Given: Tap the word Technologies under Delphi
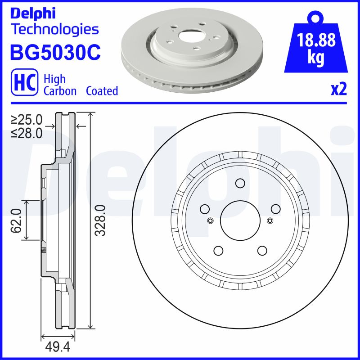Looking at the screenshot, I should coord(54,30).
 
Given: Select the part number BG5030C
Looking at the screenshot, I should coord(55,52).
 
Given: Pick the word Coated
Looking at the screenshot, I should coord(102,91).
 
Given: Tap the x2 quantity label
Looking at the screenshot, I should coord(339,90).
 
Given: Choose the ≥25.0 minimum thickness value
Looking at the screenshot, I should coord(27,120).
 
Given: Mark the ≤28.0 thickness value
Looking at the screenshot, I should coord(27,133).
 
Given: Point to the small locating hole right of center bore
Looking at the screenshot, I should coord(270,220).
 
